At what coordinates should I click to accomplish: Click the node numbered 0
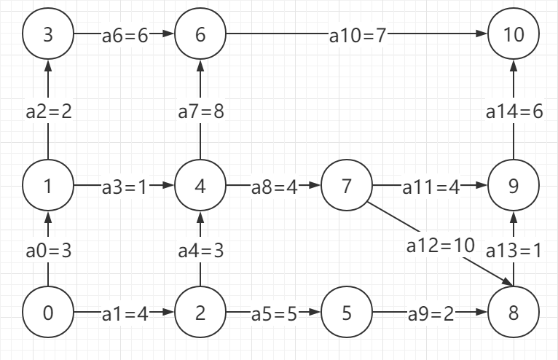(x=48, y=313)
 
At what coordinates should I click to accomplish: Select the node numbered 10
(x=514, y=34)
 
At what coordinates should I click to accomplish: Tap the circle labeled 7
(x=347, y=187)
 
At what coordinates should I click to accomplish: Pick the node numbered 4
(x=200, y=187)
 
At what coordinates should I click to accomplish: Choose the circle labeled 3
(x=48, y=34)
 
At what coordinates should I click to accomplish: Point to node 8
(x=514, y=313)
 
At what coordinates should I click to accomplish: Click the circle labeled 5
(x=347, y=313)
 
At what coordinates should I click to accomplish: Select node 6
(x=200, y=34)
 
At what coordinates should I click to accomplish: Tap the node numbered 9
(x=514, y=187)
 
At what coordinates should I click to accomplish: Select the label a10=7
(x=356, y=35)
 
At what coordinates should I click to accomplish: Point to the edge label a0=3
(x=49, y=251)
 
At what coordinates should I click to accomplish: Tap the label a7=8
(x=200, y=112)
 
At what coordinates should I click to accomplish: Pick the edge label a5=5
(x=274, y=313)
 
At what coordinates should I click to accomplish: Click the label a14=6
(x=514, y=112)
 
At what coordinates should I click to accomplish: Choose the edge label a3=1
(x=124, y=187)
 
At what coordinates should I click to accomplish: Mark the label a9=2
(x=430, y=313)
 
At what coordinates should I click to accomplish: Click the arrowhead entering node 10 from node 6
(x=482, y=34)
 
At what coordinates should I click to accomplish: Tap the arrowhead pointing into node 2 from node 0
(x=169, y=313)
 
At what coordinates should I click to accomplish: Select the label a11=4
(x=431, y=187)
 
